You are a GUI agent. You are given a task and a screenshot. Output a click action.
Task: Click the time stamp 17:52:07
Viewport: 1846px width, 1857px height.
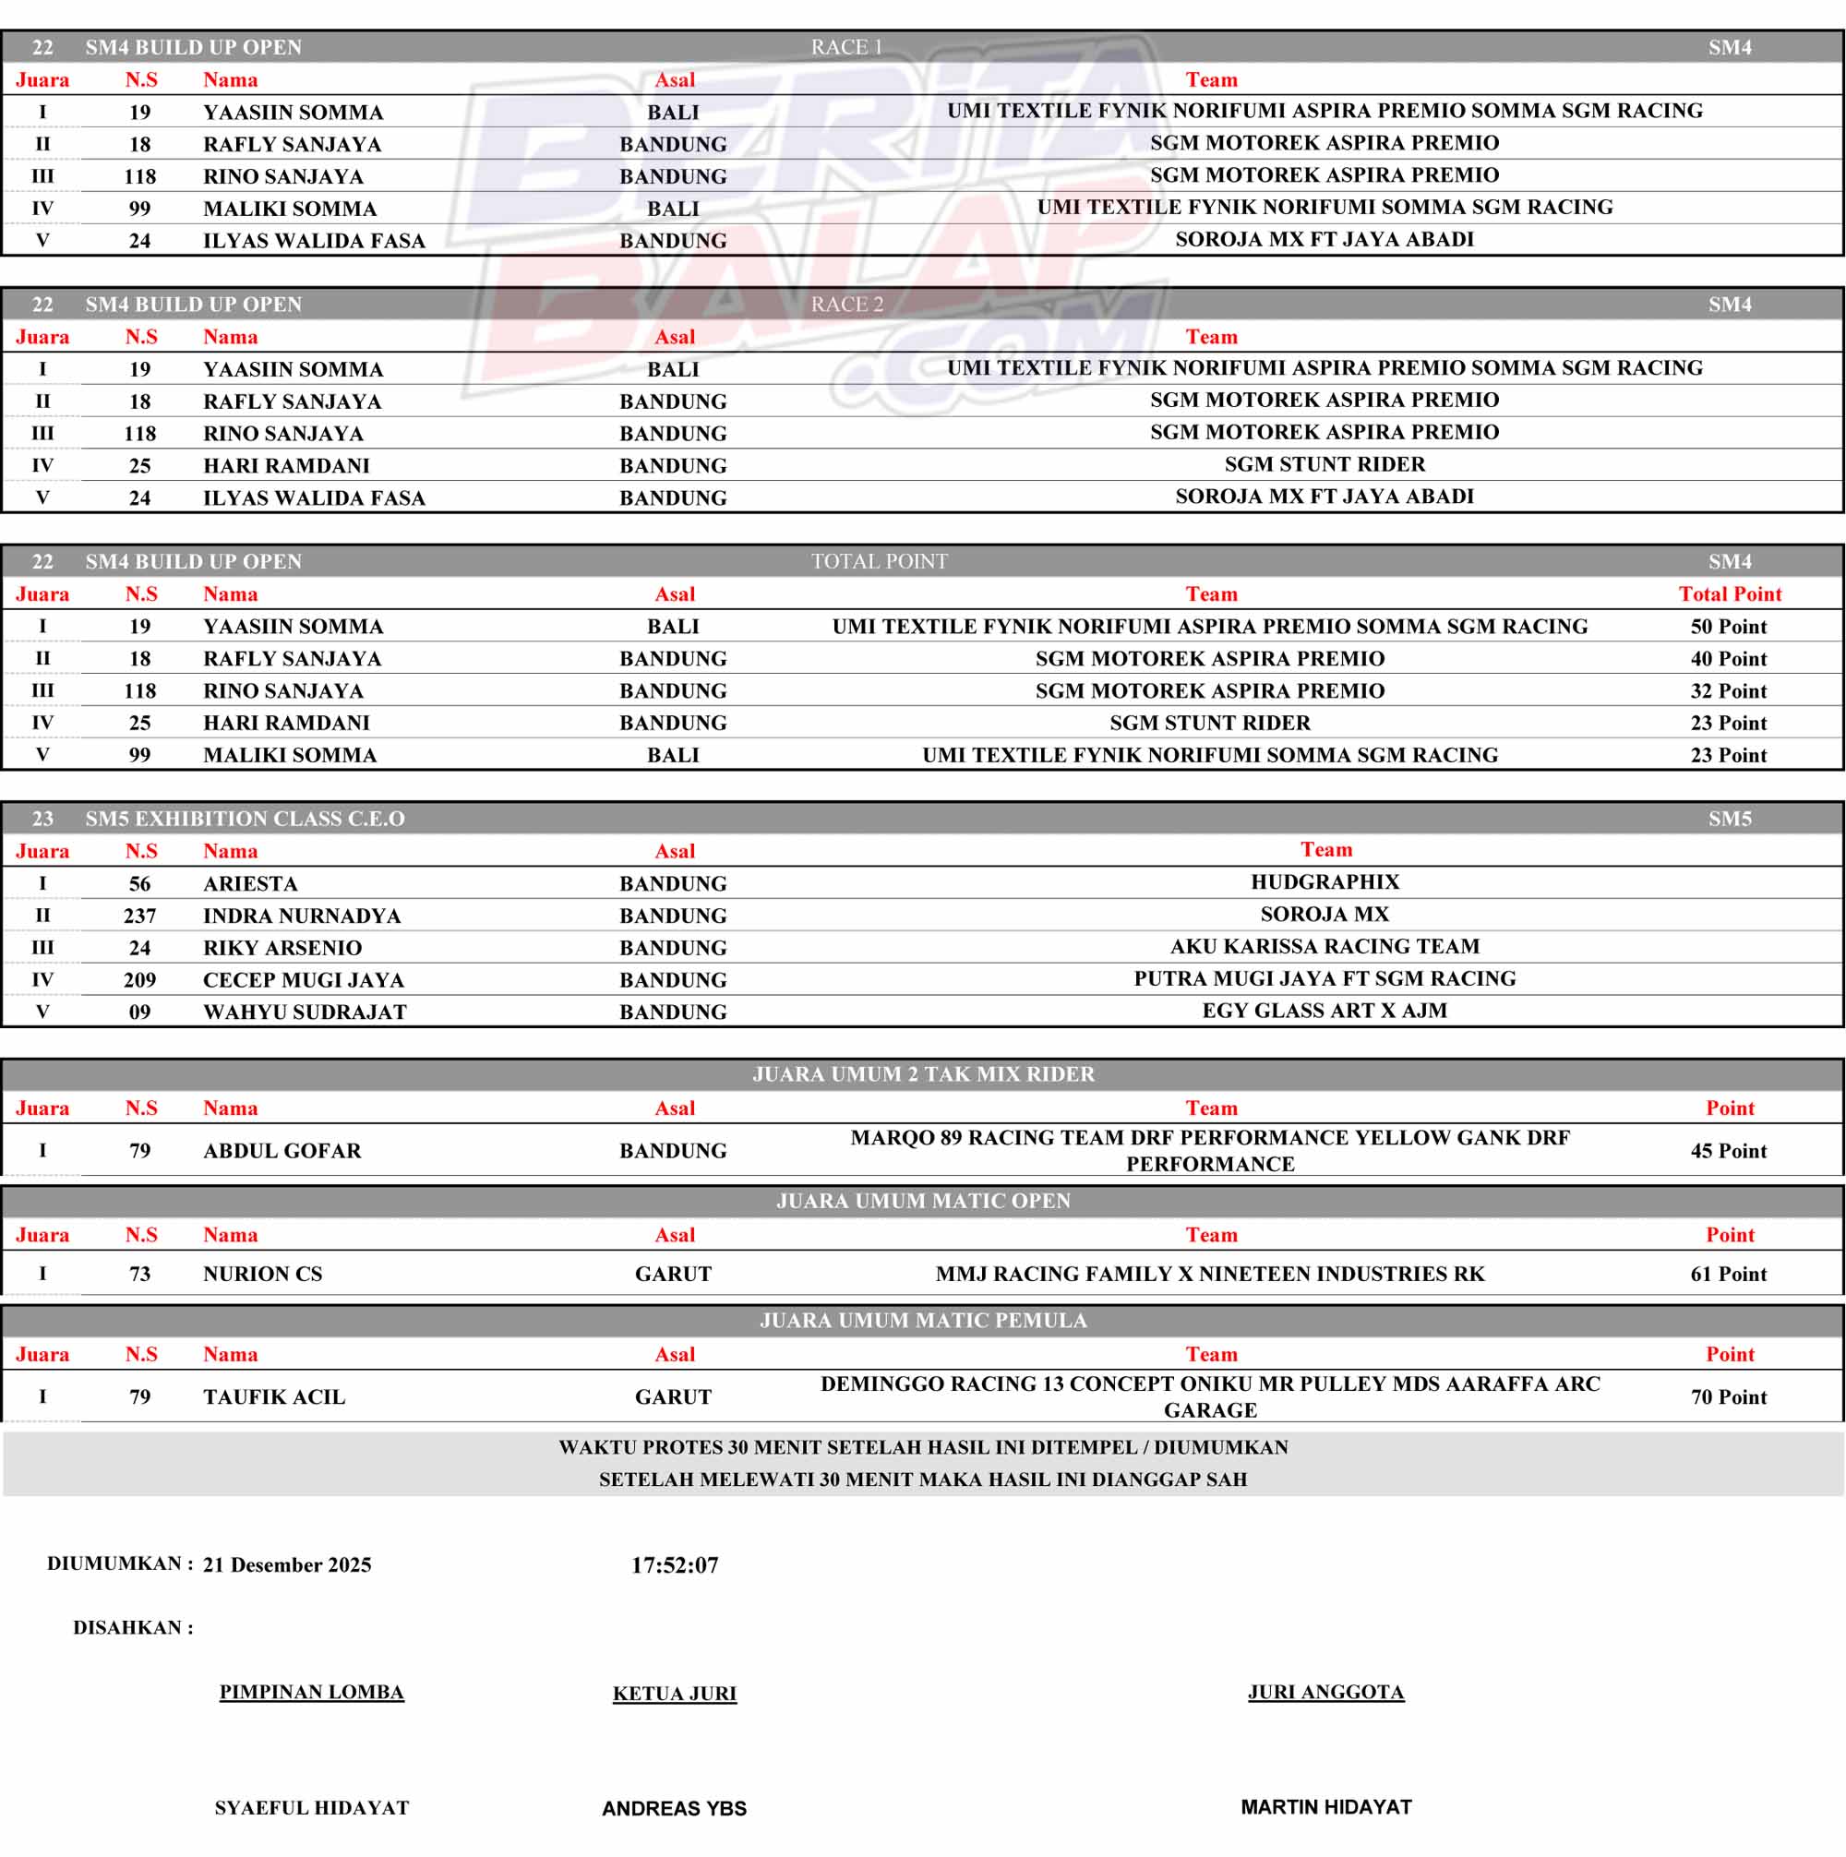pos(674,1564)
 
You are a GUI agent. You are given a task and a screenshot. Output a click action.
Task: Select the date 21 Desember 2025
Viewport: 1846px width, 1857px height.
pos(286,1564)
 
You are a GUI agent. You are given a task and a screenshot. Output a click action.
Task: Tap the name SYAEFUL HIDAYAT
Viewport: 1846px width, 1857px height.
pos(312,1808)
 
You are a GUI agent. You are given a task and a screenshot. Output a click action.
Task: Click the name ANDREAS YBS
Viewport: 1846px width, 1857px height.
pos(674,1809)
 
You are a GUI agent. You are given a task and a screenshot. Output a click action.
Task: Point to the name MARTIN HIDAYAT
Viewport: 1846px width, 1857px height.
pos(1325,1807)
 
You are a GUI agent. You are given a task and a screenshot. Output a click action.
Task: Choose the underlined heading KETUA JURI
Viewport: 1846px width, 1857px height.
pos(674,1694)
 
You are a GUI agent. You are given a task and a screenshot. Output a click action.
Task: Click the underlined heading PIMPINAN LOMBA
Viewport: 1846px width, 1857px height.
pos(312,1692)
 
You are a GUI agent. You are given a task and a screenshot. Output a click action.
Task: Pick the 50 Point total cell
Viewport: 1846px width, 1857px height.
pos(1728,627)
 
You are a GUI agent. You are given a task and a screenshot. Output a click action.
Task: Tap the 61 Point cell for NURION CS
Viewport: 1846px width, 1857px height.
pos(1728,1274)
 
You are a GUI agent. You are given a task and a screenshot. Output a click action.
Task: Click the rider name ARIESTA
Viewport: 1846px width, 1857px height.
pos(250,883)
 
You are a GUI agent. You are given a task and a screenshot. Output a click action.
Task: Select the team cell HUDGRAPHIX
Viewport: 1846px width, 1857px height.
pos(1325,881)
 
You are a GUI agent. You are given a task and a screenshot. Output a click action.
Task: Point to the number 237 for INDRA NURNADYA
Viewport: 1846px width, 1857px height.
pos(139,916)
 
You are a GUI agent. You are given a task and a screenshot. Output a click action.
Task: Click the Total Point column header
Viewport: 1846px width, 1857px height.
pos(1730,594)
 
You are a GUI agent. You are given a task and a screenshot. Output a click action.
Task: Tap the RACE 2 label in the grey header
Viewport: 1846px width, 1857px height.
pos(846,305)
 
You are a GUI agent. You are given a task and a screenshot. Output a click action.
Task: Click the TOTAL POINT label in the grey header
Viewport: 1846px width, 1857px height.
pos(879,561)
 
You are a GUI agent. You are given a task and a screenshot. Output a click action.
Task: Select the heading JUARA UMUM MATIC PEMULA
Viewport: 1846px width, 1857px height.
pos(923,1321)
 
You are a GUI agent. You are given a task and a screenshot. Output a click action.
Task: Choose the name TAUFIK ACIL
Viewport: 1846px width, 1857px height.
pos(274,1396)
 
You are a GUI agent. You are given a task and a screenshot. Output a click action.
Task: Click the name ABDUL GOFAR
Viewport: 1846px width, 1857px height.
pos(282,1151)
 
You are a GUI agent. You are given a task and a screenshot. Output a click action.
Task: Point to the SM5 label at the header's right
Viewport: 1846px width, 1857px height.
pos(1730,819)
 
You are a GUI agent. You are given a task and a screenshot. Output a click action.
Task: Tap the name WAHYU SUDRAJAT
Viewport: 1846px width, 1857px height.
pos(305,1012)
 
